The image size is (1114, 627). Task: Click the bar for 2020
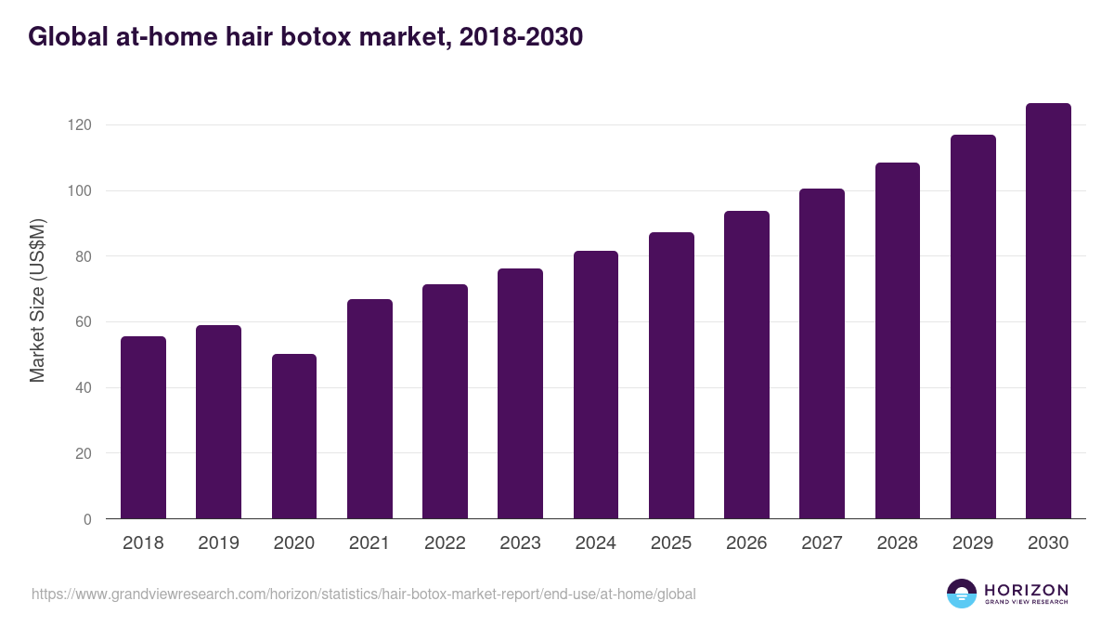(x=294, y=437)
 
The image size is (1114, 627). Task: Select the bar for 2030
(x=1048, y=311)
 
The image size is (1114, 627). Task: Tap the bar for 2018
(x=143, y=427)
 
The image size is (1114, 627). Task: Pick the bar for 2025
(x=671, y=375)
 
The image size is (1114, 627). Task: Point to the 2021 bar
(x=369, y=409)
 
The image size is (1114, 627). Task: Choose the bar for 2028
(x=898, y=341)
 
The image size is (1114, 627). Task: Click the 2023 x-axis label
(x=520, y=543)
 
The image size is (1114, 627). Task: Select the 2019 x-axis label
(x=218, y=543)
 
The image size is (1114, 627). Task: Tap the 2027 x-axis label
(x=822, y=543)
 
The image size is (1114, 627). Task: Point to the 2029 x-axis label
(x=973, y=543)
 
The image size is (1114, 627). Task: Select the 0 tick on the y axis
(x=87, y=519)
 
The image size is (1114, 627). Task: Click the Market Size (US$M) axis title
(x=37, y=301)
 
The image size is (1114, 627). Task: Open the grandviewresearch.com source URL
(x=363, y=594)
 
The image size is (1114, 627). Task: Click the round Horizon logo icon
(x=961, y=594)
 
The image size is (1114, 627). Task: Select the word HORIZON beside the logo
(x=1026, y=590)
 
